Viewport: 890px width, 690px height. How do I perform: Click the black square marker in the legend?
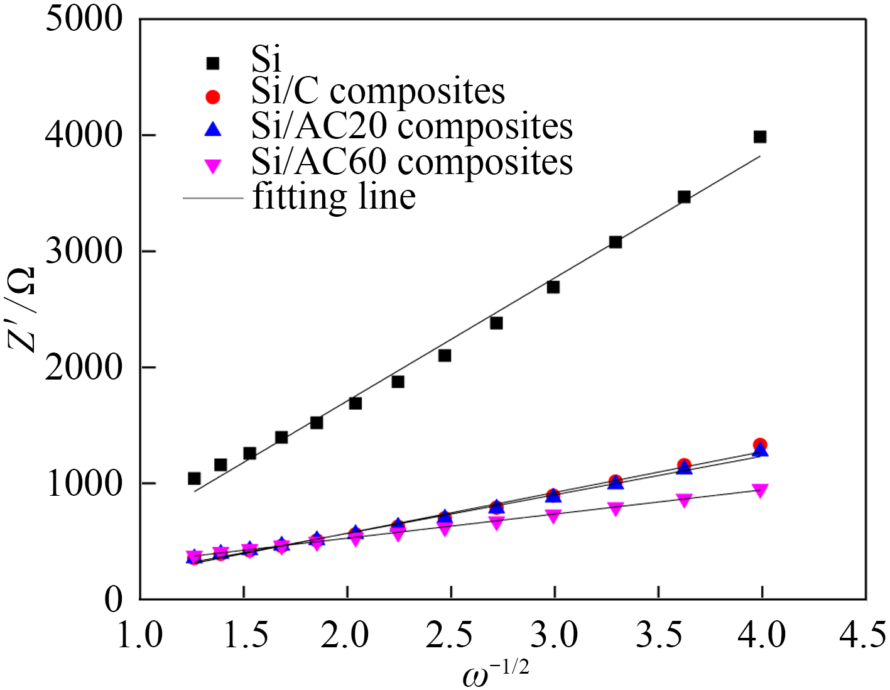tap(214, 63)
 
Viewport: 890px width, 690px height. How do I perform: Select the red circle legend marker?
tap(214, 96)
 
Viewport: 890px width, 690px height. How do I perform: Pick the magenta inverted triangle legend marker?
tap(214, 166)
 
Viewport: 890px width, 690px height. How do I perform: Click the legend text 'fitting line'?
tap(334, 197)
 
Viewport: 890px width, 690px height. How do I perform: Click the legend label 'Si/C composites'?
tap(378, 91)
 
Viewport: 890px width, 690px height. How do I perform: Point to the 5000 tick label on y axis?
tap(84, 19)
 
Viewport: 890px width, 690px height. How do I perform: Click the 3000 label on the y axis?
tap(84, 251)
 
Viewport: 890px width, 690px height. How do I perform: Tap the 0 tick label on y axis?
tap(113, 600)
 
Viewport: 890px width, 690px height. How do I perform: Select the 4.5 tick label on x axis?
tap(865, 635)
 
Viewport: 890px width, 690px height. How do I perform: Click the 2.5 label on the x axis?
tap(450, 635)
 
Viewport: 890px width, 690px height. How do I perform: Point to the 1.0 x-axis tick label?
tap(141, 635)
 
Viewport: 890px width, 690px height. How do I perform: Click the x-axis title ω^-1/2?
tap(496, 676)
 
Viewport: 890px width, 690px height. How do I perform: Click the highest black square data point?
tap(760, 137)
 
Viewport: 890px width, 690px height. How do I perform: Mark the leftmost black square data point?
tap(194, 479)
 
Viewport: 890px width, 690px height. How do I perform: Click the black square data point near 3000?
tap(616, 243)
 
